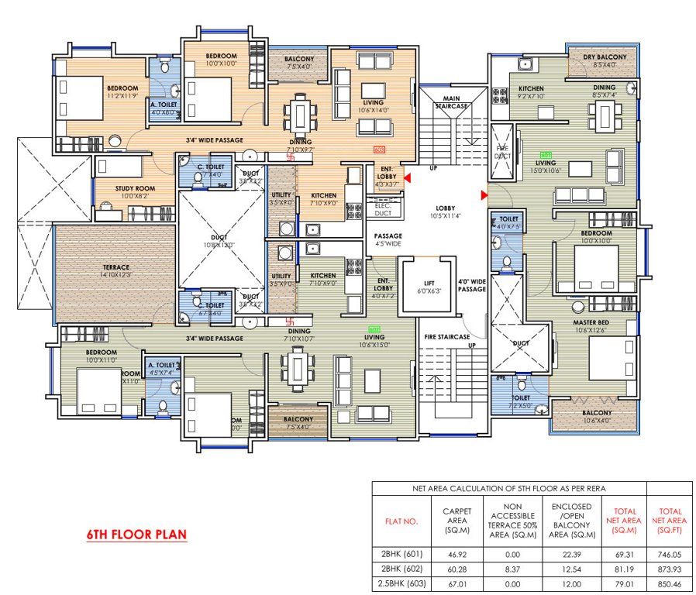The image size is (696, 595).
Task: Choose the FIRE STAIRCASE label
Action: point(446,337)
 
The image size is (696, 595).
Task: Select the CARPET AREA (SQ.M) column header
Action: point(457,521)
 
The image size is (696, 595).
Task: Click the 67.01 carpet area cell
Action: point(457,582)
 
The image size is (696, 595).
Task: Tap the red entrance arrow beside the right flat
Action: point(484,194)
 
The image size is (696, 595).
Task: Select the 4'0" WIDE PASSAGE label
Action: point(471,285)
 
